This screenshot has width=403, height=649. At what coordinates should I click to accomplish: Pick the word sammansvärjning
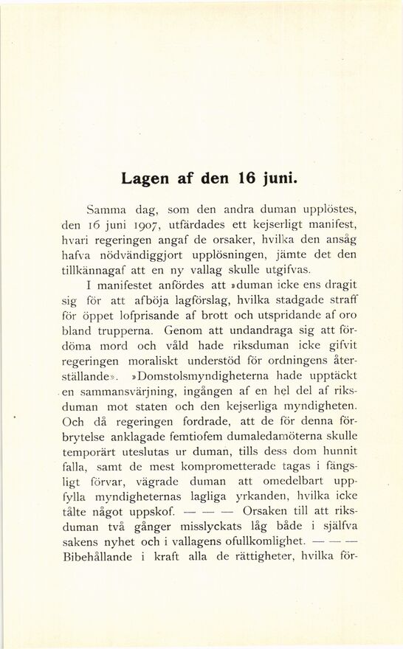121,396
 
